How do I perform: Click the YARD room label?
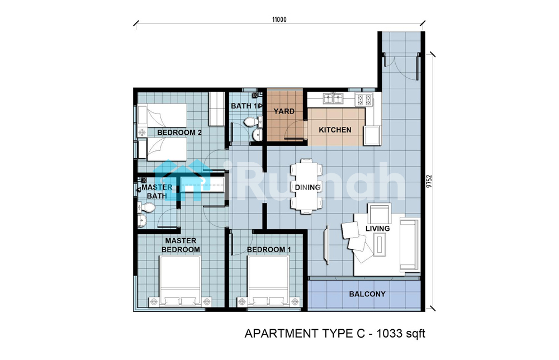[x=284, y=111]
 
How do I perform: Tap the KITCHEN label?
[x=335, y=130]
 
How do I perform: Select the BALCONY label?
[x=367, y=294]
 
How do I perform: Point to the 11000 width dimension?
[x=279, y=20]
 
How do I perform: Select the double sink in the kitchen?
[x=333, y=98]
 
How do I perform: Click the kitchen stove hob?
[x=364, y=100]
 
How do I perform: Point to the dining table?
[x=306, y=186]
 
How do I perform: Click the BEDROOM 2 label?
[x=179, y=132]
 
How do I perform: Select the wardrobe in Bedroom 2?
[x=215, y=108]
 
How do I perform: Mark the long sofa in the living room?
[x=409, y=245]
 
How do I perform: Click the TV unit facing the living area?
[x=326, y=245]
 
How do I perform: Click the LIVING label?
[x=377, y=229]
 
